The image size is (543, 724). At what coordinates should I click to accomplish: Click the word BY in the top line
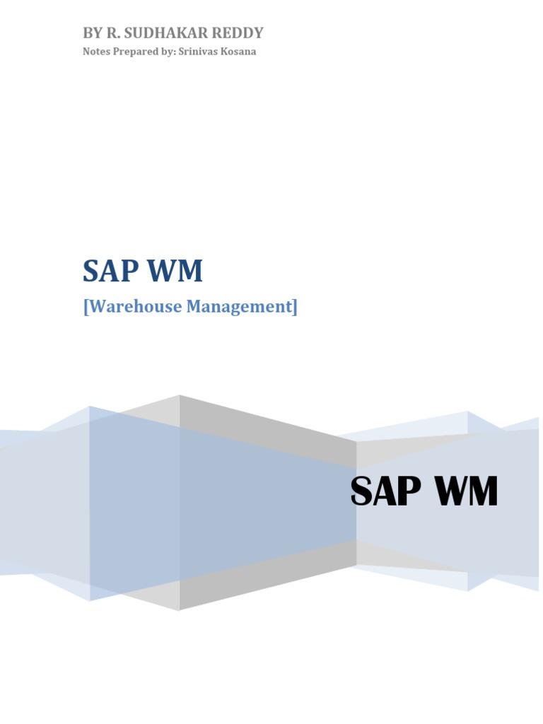point(92,33)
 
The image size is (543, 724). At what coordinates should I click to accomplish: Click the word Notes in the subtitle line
point(95,52)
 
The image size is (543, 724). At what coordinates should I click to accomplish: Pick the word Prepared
point(133,52)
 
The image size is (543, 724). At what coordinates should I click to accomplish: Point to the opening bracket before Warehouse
point(86,308)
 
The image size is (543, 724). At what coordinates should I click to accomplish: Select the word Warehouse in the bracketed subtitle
point(132,307)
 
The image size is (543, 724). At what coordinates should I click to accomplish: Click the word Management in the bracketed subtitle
point(237,307)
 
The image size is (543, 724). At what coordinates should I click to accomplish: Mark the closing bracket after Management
point(295,308)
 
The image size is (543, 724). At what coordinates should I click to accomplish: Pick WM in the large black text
point(463,491)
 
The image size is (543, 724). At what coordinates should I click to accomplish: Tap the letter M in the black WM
point(481,491)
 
